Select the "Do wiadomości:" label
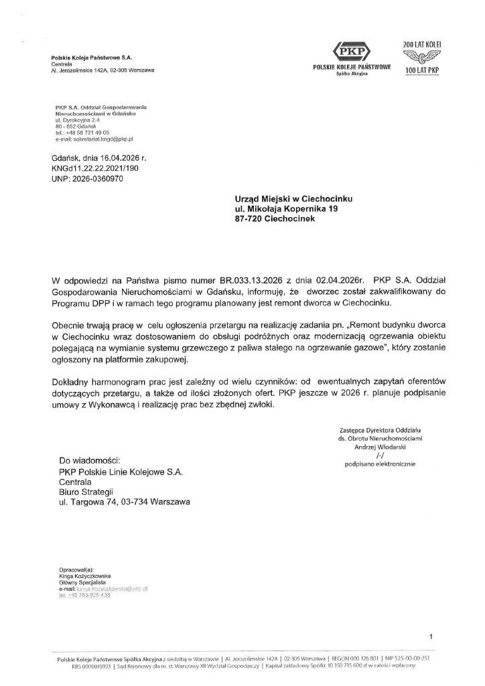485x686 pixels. coord(90,461)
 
